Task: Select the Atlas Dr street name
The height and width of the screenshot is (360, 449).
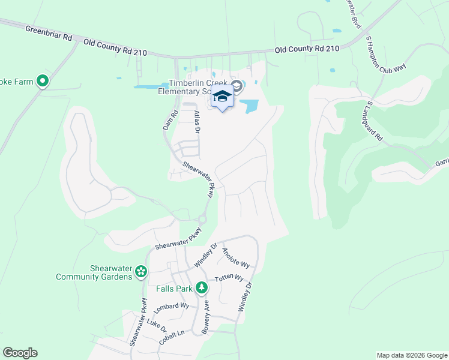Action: tap(195, 121)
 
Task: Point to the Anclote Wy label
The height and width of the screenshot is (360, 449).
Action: tap(235, 258)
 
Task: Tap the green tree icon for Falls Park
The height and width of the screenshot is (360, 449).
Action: tap(203, 289)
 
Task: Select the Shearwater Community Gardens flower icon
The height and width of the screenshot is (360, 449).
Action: tap(140, 272)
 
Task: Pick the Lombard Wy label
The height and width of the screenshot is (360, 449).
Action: tap(172, 307)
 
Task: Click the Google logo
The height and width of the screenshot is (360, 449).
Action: tap(20, 353)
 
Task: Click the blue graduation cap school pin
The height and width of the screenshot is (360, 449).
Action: tap(222, 97)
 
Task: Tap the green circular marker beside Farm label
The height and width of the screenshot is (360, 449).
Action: tap(42, 80)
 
